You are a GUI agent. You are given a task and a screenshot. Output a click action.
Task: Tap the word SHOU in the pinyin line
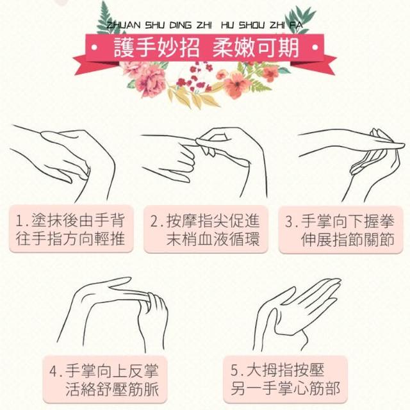252,26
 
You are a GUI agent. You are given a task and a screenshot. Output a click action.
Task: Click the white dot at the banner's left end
94,47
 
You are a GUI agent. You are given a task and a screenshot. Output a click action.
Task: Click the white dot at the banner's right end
315,47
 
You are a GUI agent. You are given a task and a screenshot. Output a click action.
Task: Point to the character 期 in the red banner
288,47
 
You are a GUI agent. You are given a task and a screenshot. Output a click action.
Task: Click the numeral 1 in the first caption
20,220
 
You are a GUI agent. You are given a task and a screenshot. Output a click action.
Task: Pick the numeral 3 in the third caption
289,221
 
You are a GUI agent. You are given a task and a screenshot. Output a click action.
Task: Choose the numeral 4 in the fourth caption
53,371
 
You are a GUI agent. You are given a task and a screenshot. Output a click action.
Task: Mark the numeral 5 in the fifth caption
234,370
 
